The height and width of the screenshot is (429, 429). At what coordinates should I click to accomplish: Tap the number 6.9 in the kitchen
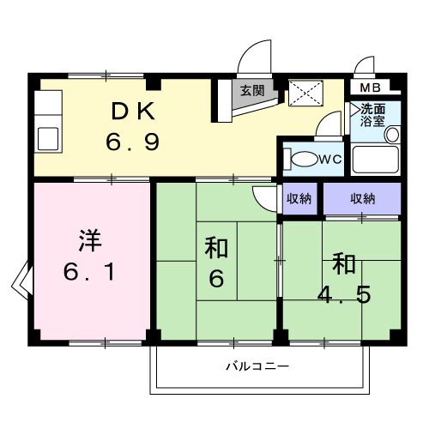point(133,142)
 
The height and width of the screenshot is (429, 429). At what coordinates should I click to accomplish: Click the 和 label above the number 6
point(216,248)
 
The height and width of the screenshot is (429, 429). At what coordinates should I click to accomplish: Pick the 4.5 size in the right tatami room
point(343,292)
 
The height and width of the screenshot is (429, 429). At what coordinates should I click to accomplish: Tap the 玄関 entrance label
point(251,90)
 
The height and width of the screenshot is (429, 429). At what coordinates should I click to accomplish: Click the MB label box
point(370,88)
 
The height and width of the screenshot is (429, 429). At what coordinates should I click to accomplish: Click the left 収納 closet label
point(299,198)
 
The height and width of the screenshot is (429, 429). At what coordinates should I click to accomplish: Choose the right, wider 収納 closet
point(362,198)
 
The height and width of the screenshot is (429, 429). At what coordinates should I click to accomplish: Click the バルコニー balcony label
point(257,366)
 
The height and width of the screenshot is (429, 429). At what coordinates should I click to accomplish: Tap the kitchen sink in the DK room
point(48,138)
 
